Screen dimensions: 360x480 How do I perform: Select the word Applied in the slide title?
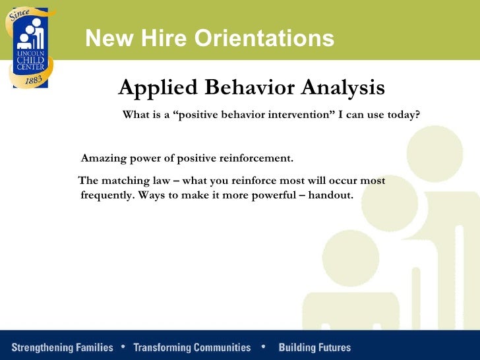(155, 88)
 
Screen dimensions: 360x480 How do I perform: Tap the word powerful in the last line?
(274, 196)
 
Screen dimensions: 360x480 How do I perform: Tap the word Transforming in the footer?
(163, 347)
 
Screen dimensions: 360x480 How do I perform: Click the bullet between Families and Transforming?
(123, 346)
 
